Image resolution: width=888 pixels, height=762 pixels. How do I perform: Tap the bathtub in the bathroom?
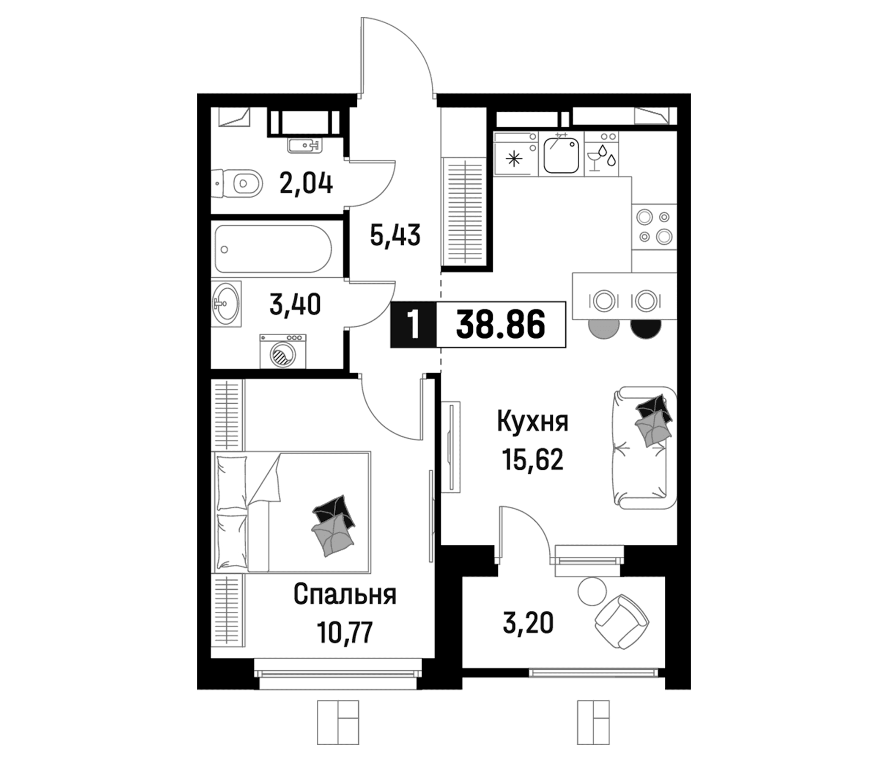click(x=274, y=249)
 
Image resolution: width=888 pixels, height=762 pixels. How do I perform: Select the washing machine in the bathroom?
click(x=283, y=351)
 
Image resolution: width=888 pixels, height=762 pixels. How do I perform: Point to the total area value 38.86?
click(x=501, y=325)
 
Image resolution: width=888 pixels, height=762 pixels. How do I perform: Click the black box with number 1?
click(x=413, y=325)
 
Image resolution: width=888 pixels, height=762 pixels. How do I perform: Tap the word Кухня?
click(x=533, y=422)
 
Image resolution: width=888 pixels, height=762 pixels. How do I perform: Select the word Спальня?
click(x=345, y=595)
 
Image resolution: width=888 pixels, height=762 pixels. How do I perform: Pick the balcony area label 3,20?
click(x=528, y=623)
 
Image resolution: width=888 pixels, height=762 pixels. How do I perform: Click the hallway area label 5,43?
click(x=395, y=235)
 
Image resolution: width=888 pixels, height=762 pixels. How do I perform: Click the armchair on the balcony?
click(x=622, y=622)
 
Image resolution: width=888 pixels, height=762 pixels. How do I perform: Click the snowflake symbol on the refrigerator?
click(x=514, y=160)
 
